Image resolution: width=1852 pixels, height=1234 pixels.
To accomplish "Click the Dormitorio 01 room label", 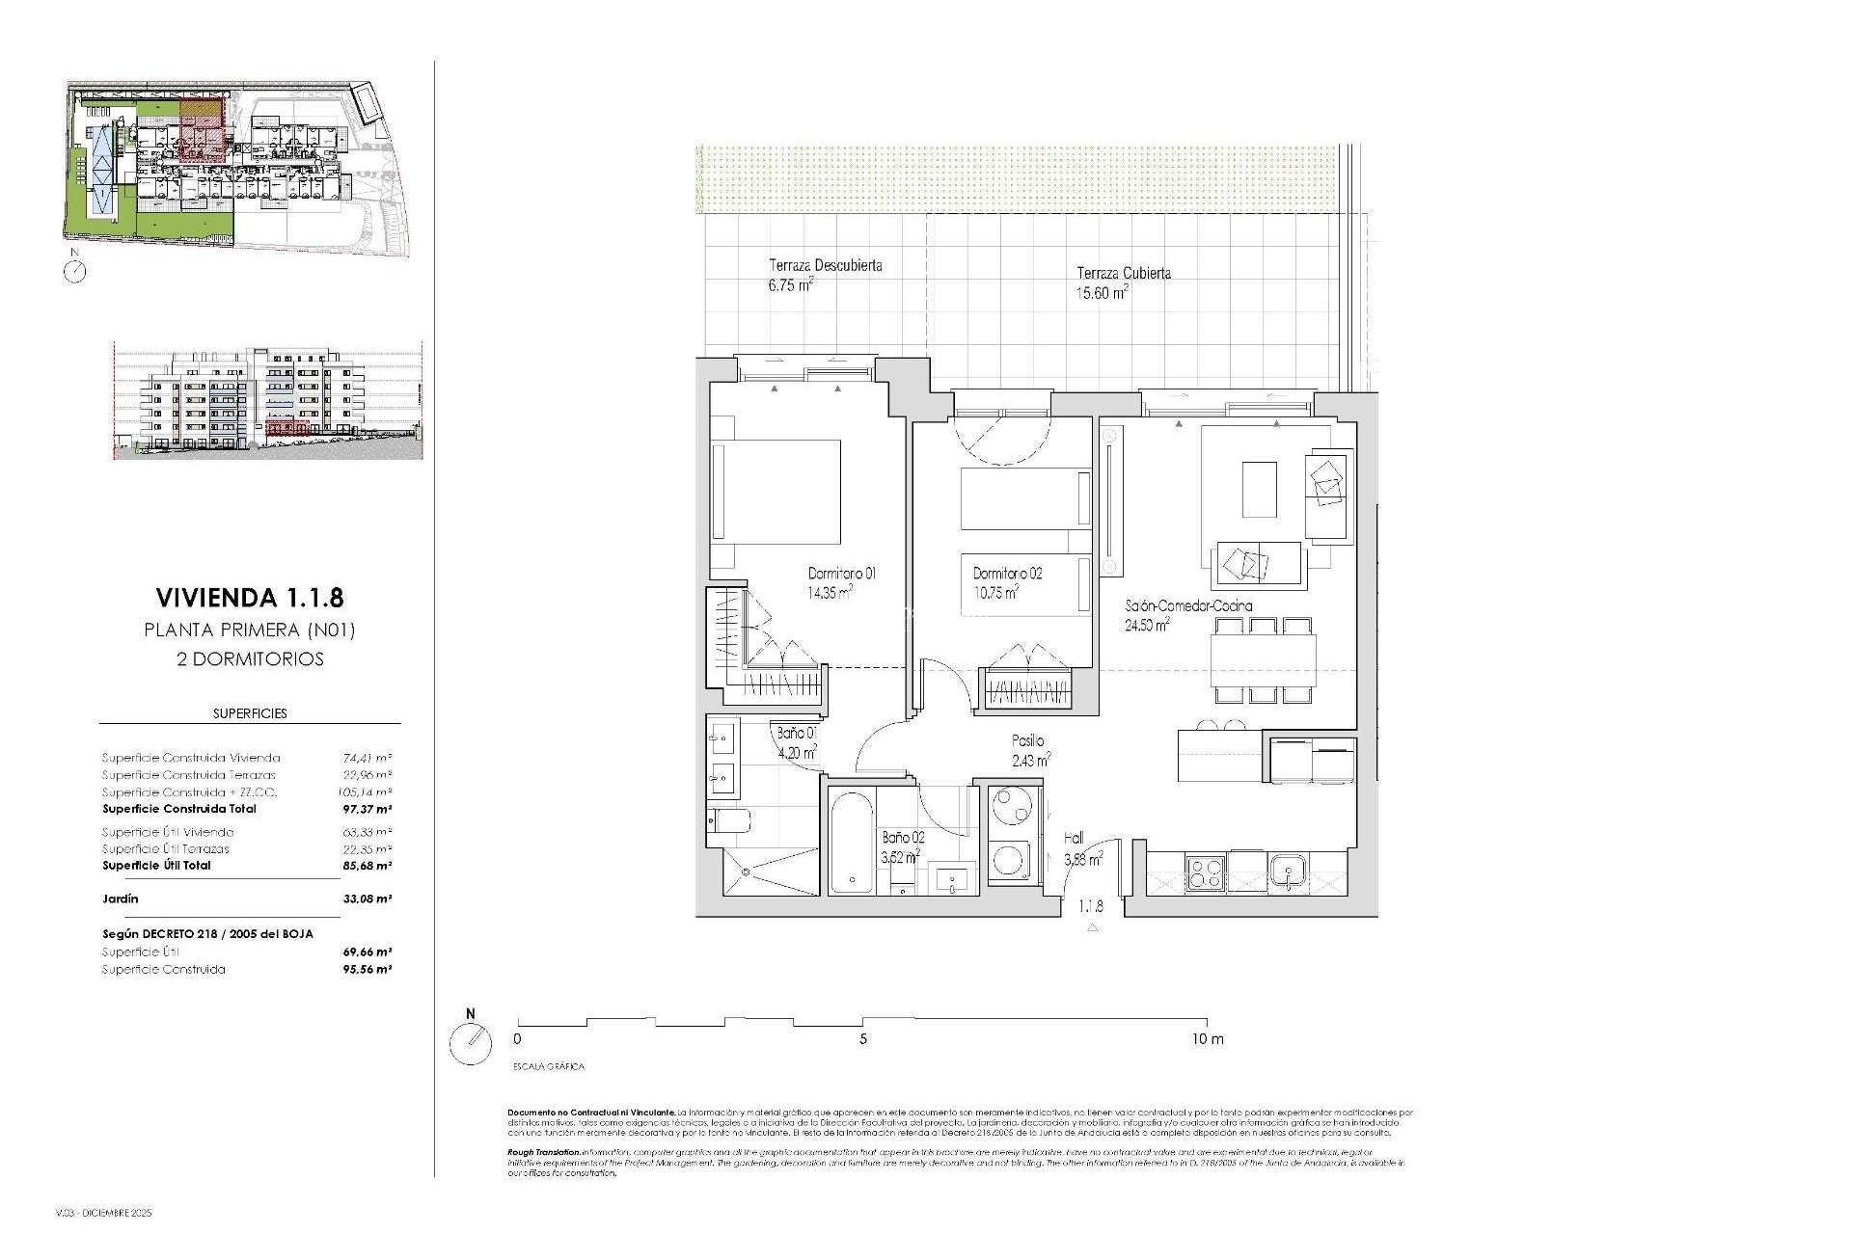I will tap(841, 574).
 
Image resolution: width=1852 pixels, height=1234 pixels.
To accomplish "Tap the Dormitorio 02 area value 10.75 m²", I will tap(996, 593).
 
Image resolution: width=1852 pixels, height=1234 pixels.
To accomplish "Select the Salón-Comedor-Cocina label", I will tap(1188, 606).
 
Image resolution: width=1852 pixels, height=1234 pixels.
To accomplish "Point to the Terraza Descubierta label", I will tap(825, 265).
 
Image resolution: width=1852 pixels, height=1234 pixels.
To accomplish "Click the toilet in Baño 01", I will tap(730, 821).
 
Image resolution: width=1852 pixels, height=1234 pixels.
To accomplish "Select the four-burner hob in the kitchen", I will tap(1205, 873).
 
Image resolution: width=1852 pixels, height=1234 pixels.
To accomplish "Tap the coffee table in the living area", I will tap(1259, 489).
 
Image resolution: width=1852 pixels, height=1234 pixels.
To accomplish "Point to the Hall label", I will tap(1074, 839).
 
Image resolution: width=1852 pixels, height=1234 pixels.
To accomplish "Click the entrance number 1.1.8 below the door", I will tap(1091, 906).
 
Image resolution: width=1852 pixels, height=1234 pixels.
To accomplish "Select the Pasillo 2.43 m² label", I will tap(1028, 750).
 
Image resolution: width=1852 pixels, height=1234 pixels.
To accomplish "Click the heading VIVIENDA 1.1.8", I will tap(249, 598).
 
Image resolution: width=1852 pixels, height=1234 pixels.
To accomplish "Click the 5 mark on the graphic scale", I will tap(863, 1039).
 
